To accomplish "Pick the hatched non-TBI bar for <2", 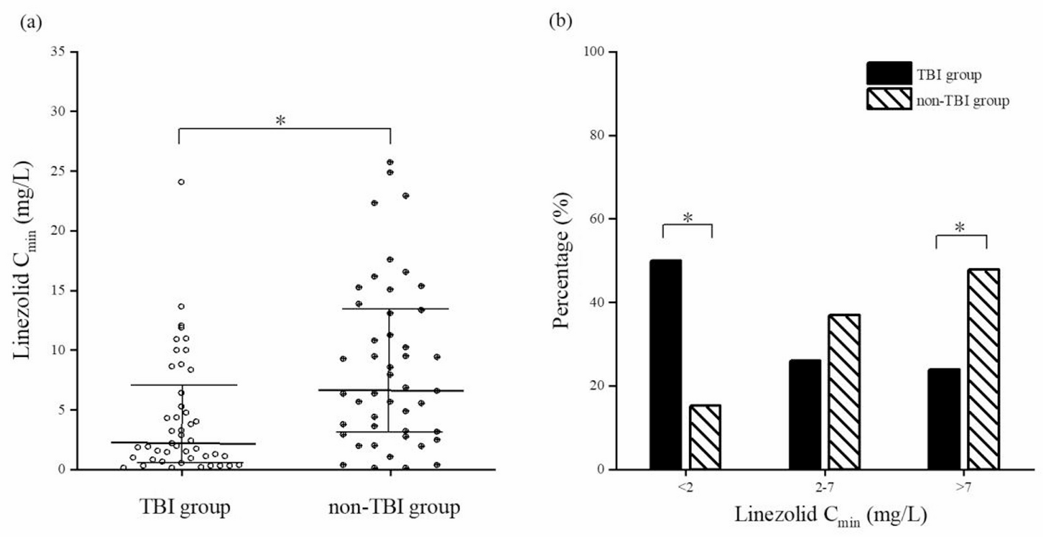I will pyautogui.click(x=705, y=437).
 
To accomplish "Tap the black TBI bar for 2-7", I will pyautogui.click(x=805, y=415).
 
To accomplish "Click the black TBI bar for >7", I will pyautogui.click(x=944, y=419).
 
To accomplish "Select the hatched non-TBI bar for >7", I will pyautogui.click(x=983, y=369).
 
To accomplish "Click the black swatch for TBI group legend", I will pyautogui.click(x=889, y=74).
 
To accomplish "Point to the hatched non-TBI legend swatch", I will pyautogui.click(x=889, y=100).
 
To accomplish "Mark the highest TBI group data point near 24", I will pyautogui.click(x=181, y=181).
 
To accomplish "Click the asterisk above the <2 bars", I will pyautogui.click(x=687, y=218).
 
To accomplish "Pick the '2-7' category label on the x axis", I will pyautogui.click(x=824, y=487).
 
